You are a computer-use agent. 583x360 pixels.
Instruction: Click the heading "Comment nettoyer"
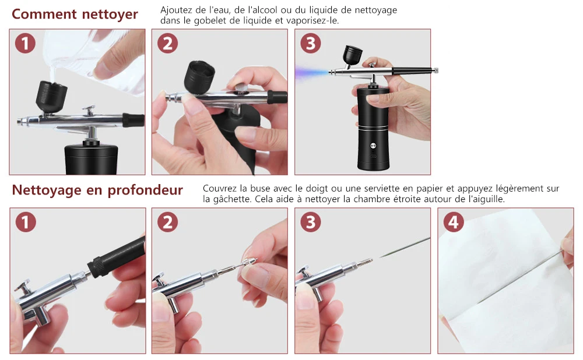(75, 14)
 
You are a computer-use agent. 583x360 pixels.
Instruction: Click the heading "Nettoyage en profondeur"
(97, 190)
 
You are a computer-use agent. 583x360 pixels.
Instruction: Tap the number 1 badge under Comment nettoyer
(25, 43)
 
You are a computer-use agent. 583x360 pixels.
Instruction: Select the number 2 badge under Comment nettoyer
(167, 43)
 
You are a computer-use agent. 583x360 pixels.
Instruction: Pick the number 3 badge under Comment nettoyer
(311, 43)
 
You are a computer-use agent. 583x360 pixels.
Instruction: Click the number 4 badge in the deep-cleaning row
(453, 222)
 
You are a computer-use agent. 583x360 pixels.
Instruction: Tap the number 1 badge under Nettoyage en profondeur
(26, 222)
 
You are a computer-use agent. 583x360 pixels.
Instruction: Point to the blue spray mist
(311, 72)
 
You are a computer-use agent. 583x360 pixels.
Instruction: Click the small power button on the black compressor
(373, 146)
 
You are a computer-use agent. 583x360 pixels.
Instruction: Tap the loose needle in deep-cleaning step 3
(405, 247)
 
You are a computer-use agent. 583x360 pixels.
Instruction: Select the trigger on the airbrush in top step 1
(89, 111)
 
